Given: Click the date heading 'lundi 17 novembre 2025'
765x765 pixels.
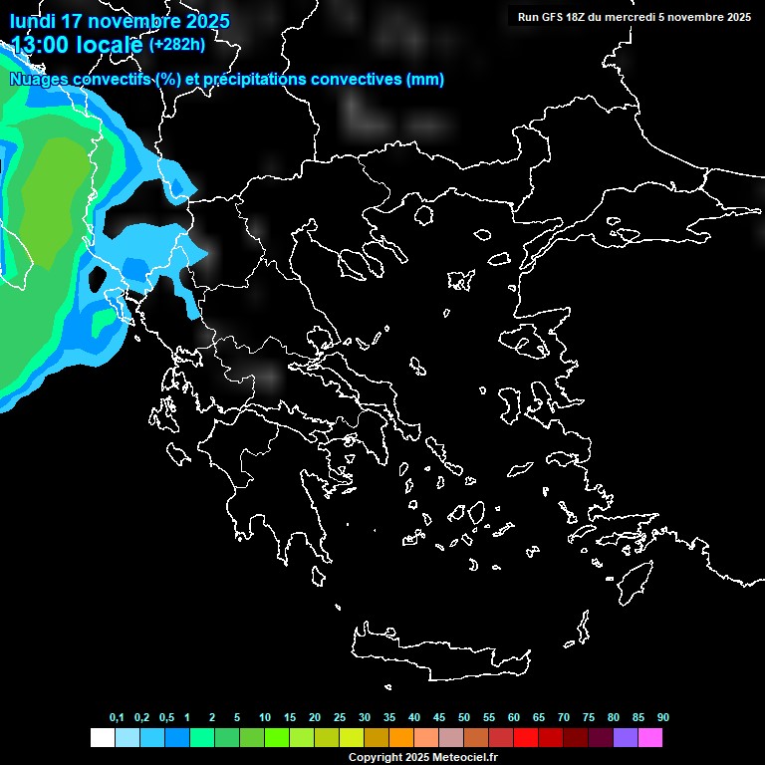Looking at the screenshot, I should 120,21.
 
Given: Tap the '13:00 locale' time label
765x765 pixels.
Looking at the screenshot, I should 77,44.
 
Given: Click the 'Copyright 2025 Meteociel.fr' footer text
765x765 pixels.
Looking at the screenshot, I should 422,757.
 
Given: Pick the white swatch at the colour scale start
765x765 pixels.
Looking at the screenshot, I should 102,738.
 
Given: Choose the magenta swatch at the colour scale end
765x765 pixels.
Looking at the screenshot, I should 650,738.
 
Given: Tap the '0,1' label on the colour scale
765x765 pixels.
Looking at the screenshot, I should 117,718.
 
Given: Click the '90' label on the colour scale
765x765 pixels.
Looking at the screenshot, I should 662,718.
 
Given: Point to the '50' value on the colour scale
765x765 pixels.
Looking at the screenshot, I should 463,718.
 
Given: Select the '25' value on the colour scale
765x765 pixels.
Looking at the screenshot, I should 339,718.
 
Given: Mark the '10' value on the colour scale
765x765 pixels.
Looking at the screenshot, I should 264,718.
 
